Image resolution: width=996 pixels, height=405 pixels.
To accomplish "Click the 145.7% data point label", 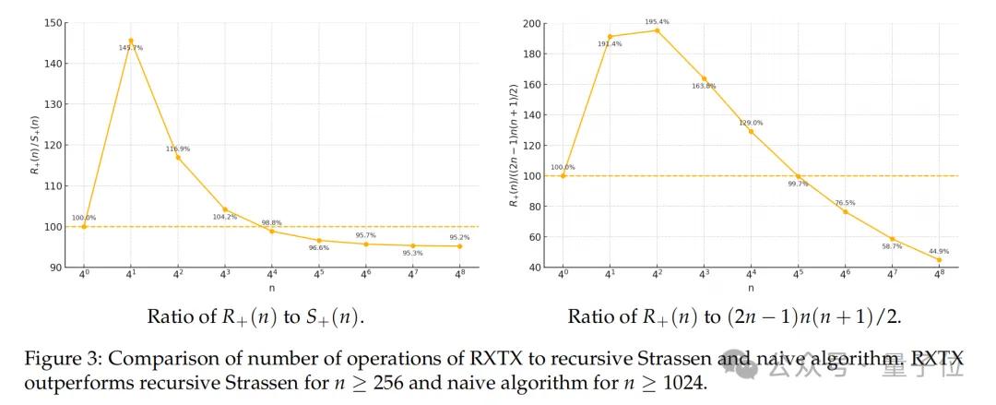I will [130, 48].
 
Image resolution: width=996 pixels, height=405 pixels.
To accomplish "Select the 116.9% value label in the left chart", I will [178, 149].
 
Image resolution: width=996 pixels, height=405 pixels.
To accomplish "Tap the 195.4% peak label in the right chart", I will [657, 21].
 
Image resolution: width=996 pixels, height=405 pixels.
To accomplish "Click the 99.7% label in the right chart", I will [798, 185].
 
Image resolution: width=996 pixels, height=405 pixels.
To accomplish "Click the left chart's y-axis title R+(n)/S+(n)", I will [36, 146].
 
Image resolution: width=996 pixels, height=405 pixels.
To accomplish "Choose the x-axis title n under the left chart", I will [271, 288].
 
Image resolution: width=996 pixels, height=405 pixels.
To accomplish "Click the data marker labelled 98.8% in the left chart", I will [271, 231].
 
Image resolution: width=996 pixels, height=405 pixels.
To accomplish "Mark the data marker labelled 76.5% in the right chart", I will [845, 211].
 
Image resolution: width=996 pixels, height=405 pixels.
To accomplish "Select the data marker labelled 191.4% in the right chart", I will [610, 36].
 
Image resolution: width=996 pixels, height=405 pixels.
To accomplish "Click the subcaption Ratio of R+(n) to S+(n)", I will [256, 316].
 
